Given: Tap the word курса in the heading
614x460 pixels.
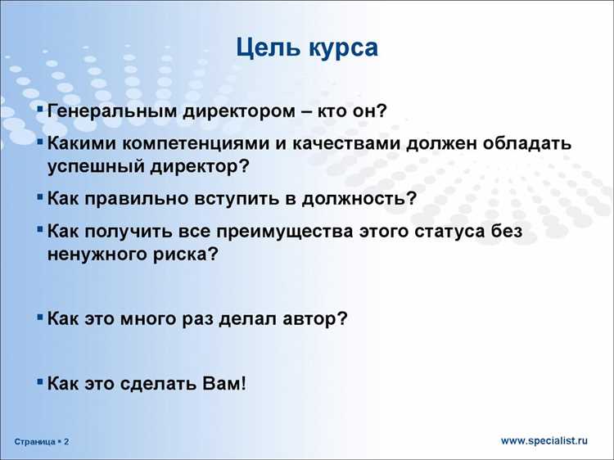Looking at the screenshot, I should [343, 47].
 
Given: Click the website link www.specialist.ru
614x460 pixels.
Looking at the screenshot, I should [544, 440].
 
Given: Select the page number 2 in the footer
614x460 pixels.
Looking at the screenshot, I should [66, 442].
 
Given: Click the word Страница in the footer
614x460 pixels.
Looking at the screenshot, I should [34, 442].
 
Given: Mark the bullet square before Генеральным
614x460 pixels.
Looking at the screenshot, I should [41, 109].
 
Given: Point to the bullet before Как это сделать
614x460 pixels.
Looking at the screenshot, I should [41, 381].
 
